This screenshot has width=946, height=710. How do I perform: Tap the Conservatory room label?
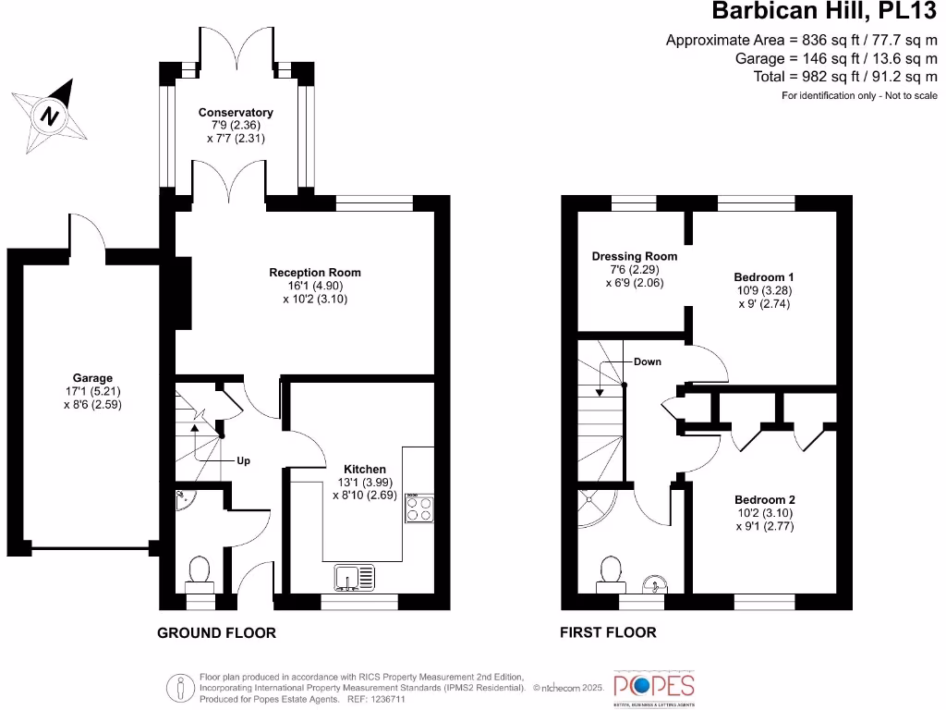(x=236, y=113)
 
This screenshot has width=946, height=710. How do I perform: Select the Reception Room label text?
(x=315, y=273)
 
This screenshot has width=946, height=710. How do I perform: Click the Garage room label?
(x=92, y=378)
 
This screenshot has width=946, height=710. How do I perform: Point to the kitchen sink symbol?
(x=356, y=578)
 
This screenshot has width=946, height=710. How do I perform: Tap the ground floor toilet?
(x=199, y=572)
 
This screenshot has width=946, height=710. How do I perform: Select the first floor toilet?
(x=610, y=573)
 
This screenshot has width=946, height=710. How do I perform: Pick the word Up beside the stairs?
(x=244, y=460)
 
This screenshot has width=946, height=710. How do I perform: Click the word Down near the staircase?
(x=648, y=361)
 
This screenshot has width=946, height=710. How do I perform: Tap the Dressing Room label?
(x=635, y=256)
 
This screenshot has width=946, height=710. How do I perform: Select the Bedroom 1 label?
(x=764, y=277)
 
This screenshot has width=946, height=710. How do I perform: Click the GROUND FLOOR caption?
(x=216, y=633)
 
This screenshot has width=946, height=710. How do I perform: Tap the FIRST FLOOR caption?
(x=608, y=633)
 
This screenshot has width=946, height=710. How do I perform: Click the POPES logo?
(x=654, y=686)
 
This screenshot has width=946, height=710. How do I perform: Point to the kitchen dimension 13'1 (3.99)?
(x=365, y=483)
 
